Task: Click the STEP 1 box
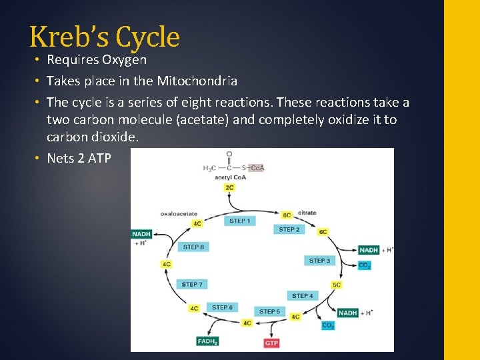pyautogui.click(x=239, y=221)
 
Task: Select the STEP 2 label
pyautogui.click(x=289, y=229)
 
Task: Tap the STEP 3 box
pyautogui.click(x=319, y=261)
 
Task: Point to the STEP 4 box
pyautogui.click(x=302, y=295)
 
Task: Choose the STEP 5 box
pyautogui.click(x=269, y=311)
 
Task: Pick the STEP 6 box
pyautogui.click(x=222, y=307)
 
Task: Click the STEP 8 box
pyautogui.click(x=193, y=247)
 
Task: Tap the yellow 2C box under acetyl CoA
pyautogui.click(x=229, y=187)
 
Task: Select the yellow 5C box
pyautogui.click(x=337, y=285)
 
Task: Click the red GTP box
pyautogui.click(x=271, y=343)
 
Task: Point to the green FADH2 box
pyautogui.click(x=207, y=341)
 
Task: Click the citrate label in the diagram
pyautogui.click(x=307, y=213)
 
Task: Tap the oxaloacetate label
pyautogui.click(x=179, y=214)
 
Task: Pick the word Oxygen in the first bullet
pyautogui.click(x=124, y=60)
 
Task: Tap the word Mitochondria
pyautogui.click(x=197, y=81)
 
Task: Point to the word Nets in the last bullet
pyautogui.click(x=61, y=159)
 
